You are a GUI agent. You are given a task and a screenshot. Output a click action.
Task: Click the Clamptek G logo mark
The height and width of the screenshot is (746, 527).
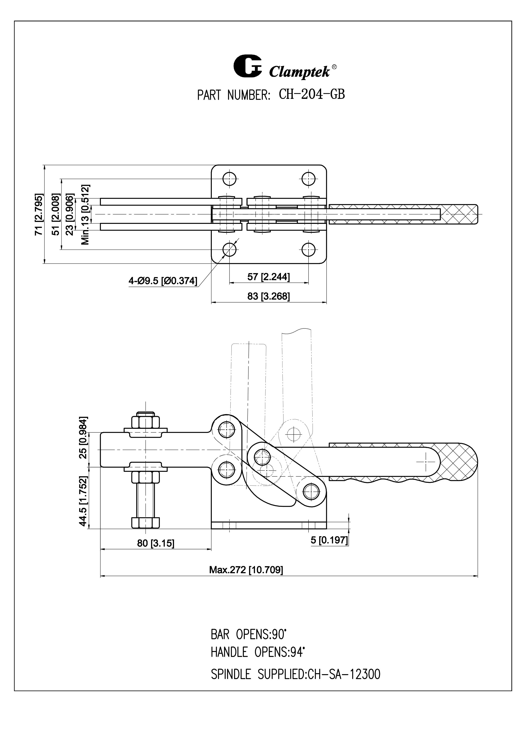[247, 67]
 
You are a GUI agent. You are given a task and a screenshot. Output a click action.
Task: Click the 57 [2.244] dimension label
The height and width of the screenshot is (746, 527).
[269, 277]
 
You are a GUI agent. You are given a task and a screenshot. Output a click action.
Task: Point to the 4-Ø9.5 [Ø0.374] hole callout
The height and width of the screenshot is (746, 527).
[163, 281]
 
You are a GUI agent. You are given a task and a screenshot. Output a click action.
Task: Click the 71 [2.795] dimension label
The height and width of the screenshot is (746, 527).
[39, 215]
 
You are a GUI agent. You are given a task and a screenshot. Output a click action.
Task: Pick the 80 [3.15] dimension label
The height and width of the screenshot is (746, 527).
[156, 543]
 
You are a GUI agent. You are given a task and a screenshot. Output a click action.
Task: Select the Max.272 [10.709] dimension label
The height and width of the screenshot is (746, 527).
[246, 570]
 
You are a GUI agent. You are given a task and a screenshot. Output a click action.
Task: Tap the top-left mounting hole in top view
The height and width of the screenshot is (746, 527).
[229, 178]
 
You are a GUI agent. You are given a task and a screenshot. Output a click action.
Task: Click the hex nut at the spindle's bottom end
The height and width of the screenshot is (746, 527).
[146, 523]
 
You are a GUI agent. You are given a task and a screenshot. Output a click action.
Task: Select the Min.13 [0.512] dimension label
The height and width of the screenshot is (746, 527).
[85, 215]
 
